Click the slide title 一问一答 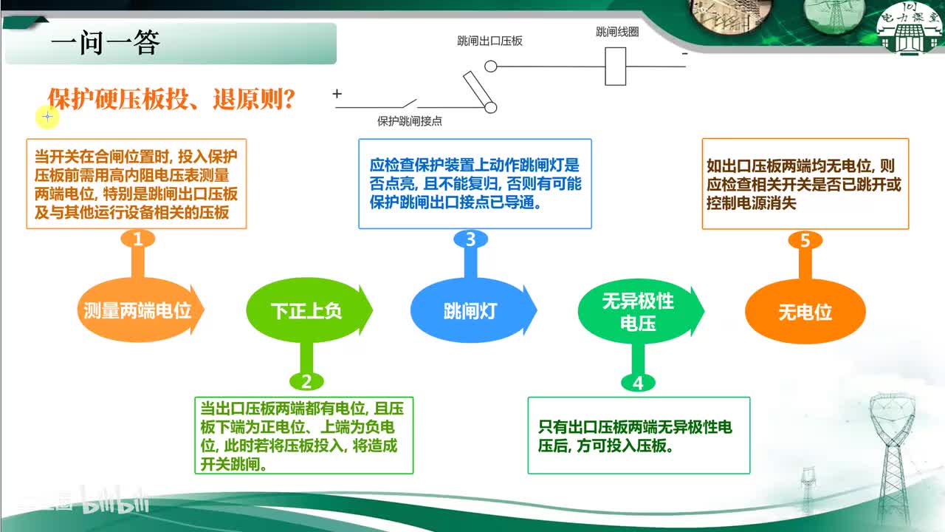pyautogui.click(x=105, y=43)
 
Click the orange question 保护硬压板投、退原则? pyautogui.click(x=171, y=99)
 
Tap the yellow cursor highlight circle pyautogui.click(x=47, y=117)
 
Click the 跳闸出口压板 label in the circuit pyautogui.click(x=489, y=41)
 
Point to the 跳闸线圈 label pyautogui.click(x=617, y=32)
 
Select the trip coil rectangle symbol pyautogui.click(x=615, y=66)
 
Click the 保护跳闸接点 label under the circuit pyautogui.click(x=409, y=121)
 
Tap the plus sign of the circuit pyautogui.click(x=337, y=93)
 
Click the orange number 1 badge pyautogui.click(x=137, y=239)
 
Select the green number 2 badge pyautogui.click(x=306, y=382)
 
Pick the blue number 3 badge pyautogui.click(x=470, y=239)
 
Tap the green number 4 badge pyautogui.click(x=638, y=383)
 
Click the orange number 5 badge pyautogui.click(x=805, y=240)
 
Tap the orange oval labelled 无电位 pyautogui.click(x=805, y=312)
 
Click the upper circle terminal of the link pyautogui.click(x=490, y=66)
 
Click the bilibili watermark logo pyautogui.click(x=114, y=501)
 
